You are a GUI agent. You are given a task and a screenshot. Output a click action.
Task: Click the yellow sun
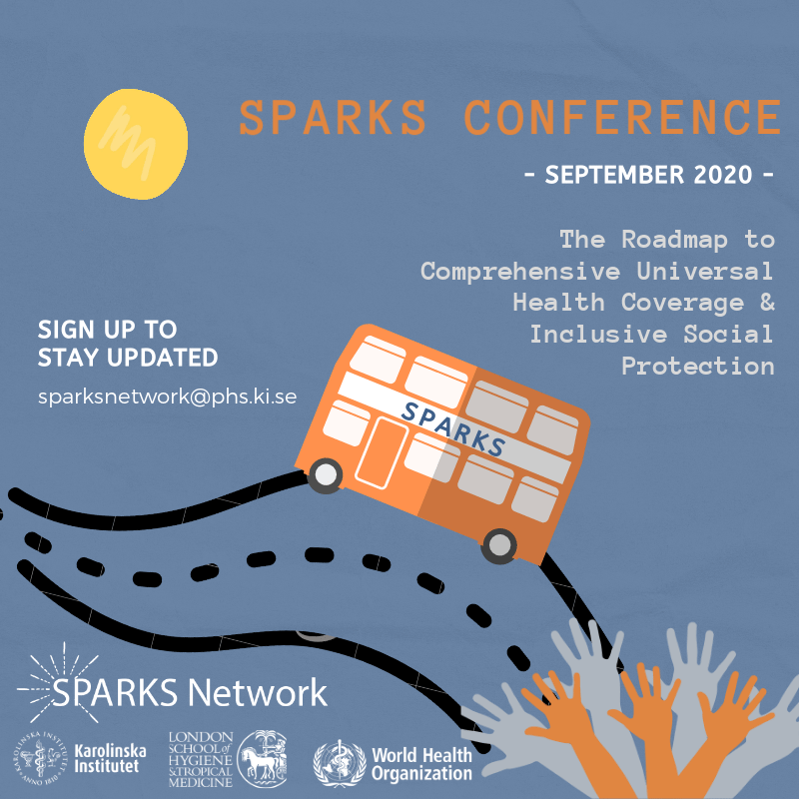(136, 144)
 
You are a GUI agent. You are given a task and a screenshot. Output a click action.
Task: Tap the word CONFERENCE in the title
(622, 117)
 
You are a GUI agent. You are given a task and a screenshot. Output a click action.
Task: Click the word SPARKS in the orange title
(333, 117)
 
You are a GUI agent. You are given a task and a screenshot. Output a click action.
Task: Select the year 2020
(722, 175)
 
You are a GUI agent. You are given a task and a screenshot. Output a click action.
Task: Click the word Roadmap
(674, 240)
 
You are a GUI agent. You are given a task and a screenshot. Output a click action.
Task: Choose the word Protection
(698, 366)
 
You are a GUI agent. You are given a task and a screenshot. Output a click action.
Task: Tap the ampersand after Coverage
(767, 302)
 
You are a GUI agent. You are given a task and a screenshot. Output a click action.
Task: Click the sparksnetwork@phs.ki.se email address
(167, 397)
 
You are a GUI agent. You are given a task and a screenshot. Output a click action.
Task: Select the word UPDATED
(162, 358)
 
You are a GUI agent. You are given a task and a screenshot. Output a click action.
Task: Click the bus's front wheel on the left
(326, 475)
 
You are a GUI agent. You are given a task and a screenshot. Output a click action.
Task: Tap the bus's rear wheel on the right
(498, 545)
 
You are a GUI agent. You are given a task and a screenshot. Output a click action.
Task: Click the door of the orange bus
(382, 453)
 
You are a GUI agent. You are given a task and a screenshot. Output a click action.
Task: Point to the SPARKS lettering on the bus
(452, 428)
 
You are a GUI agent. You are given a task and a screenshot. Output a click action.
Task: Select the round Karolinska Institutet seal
(42, 758)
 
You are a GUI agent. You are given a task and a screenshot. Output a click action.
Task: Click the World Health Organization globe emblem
(340, 764)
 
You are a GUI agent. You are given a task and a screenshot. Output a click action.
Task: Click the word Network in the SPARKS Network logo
(257, 692)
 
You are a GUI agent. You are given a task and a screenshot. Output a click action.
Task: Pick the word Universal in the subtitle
(705, 271)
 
